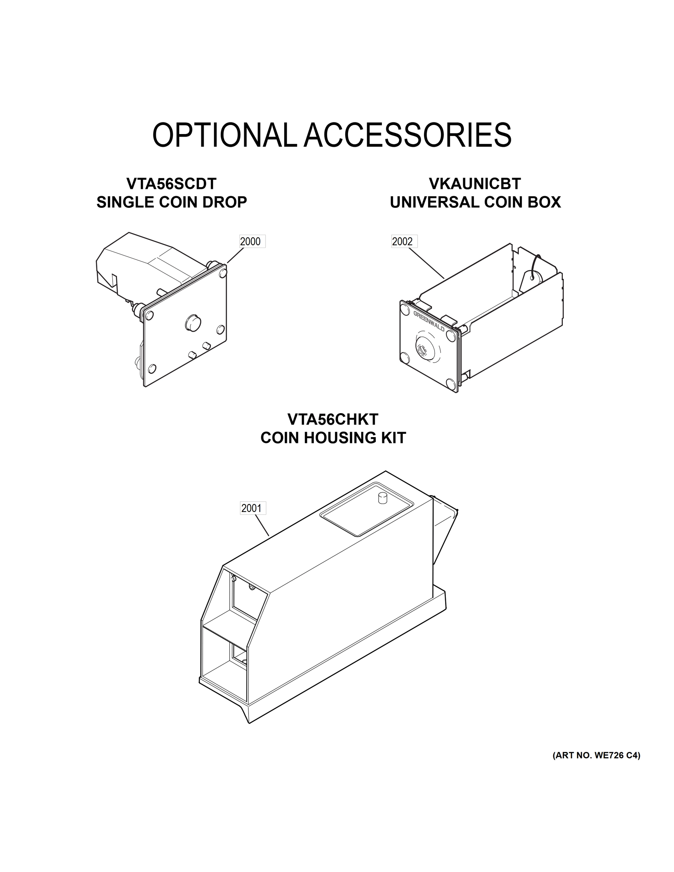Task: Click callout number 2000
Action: [x=250, y=242]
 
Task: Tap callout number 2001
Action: [x=252, y=508]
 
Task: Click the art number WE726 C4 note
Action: [x=596, y=755]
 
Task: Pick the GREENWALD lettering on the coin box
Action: [x=428, y=322]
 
